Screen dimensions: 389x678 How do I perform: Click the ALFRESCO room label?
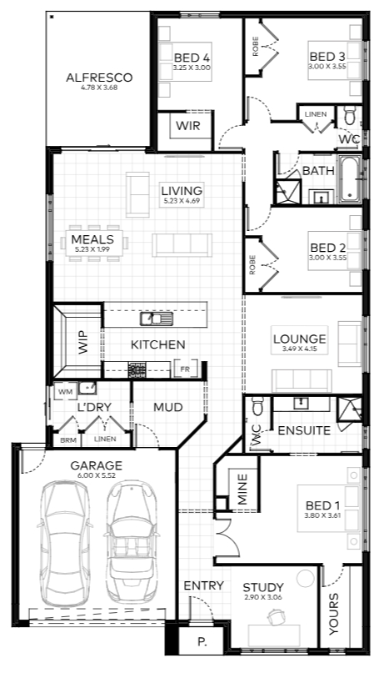coord(99,78)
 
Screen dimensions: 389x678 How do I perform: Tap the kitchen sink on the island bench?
coord(157,319)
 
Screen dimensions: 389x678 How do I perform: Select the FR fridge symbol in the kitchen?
coord(185,369)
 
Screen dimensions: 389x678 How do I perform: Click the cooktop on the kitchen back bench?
coord(137,370)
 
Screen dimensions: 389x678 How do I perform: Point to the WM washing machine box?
coord(66,392)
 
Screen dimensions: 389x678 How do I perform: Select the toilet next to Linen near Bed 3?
coord(349,117)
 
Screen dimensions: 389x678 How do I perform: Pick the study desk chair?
coord(275,615)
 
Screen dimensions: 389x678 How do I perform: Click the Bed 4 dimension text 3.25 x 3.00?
coord(192,68)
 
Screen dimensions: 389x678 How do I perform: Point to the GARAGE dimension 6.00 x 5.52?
coord(97,475)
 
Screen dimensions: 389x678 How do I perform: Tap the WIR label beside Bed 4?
coord(187,126)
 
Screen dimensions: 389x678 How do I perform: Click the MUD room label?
coord(168,407)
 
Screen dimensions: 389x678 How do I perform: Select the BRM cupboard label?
coord(68,440)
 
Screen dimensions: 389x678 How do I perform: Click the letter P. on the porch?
coord(202,642)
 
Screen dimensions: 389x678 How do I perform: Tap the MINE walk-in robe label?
coord(242,489)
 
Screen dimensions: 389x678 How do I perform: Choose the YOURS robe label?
coord(333,614)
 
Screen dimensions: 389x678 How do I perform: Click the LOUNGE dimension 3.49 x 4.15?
coord(300,349)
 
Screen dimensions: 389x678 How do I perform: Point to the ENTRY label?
coord(204,585)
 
